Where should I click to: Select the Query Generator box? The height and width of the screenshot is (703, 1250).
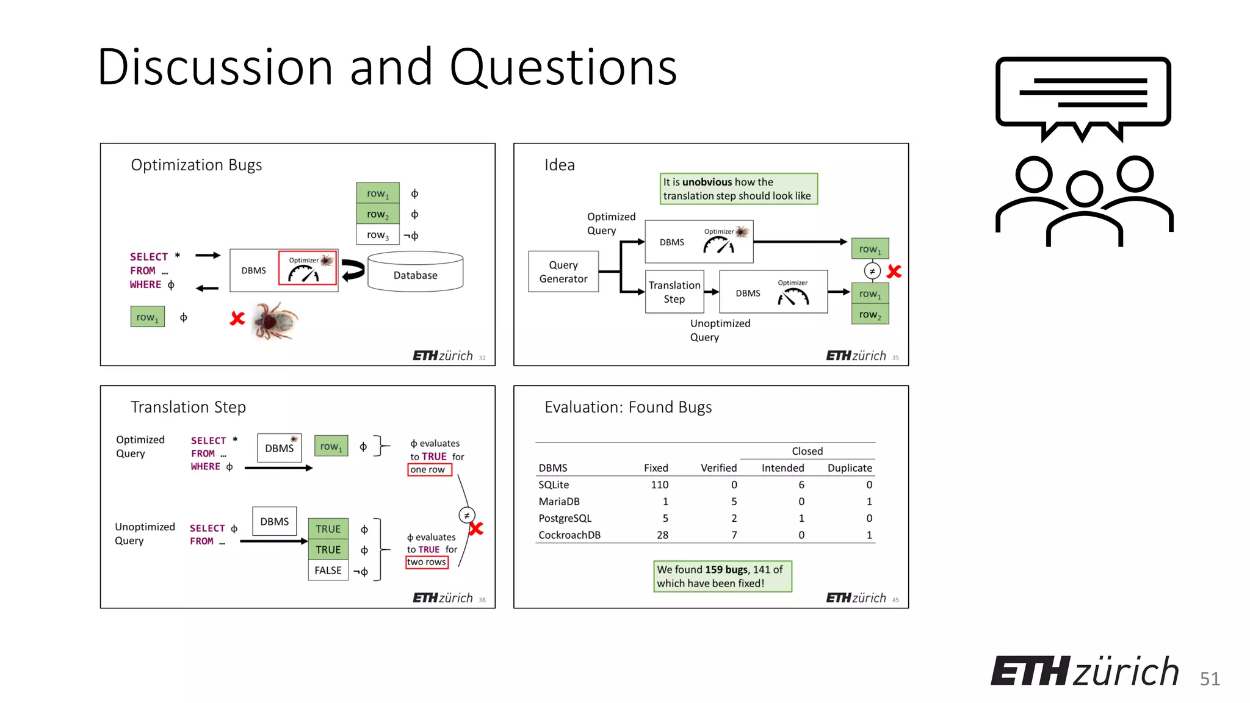pos(563,272)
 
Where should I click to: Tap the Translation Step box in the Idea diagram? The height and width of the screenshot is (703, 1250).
pos(674,292)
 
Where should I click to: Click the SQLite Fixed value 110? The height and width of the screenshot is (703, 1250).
pos(659,485)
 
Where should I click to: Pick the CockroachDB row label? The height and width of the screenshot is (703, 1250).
pos(569,535)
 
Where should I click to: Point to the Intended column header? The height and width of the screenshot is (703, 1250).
pos(782,468)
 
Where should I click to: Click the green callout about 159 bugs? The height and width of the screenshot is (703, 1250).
pos(722,576)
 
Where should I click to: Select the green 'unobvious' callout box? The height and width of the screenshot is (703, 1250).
pos(739,189)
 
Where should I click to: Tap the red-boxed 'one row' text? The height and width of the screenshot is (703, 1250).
pos(428,469)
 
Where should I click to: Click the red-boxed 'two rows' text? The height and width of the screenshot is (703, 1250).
pos(427,562)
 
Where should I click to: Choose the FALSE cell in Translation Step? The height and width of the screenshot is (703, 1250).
pos(328,570)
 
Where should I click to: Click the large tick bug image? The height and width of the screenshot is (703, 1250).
pos(274,320)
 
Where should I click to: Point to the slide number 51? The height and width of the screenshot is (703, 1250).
pos(1210,679)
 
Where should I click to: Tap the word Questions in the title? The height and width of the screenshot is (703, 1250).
pos(563,67)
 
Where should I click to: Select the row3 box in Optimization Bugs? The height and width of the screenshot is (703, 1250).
pos(378,235)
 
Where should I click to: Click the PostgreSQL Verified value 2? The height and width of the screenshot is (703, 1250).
pos(734,518)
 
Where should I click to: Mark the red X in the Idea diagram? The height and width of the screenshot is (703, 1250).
pos(894,272)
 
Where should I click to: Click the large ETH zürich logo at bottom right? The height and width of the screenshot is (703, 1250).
pos(1085,671)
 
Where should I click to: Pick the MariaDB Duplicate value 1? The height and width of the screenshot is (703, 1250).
pos(869,502)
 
